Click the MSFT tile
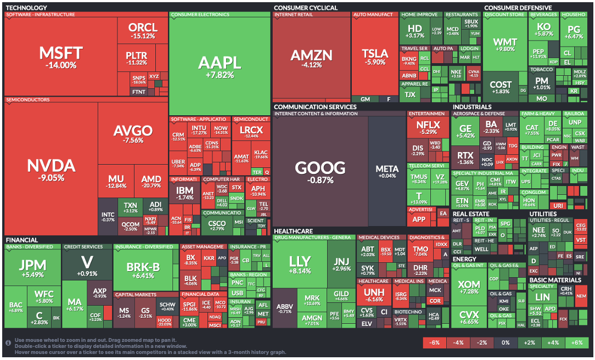pos(60,57)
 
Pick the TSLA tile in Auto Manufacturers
pos(375,57)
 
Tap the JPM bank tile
pos(32,269)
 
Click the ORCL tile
pos(143,31)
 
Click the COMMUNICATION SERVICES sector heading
pos(315,107)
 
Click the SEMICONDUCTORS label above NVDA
pos(28,100)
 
